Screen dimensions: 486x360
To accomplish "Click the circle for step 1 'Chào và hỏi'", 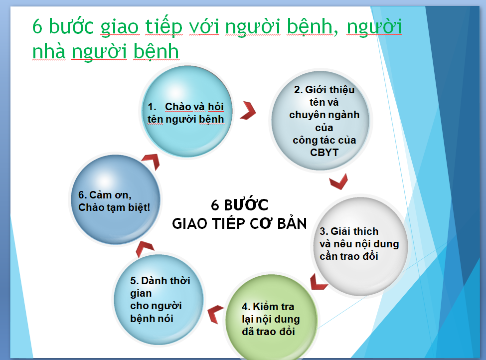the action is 187,111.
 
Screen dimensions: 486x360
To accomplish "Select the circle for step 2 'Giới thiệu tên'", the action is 321,120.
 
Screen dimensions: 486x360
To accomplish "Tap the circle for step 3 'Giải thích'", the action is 360,246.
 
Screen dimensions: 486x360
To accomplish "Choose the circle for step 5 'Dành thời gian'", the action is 159,299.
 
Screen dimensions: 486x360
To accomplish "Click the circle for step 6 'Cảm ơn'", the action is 115,199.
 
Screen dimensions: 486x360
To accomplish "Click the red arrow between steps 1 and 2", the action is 248,110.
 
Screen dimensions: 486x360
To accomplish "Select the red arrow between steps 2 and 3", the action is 338,181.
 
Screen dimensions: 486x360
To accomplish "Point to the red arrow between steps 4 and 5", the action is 215,314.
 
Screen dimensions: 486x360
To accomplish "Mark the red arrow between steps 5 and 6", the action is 144,249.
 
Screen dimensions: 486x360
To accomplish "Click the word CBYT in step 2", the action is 324,153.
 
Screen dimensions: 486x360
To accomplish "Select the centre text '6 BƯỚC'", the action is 240,204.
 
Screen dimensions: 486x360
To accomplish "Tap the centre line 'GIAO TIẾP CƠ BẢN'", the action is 239,223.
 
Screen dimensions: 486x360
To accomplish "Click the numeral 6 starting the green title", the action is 37,26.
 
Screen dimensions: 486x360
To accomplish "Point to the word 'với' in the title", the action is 204,26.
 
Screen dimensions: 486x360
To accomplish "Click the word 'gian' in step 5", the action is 141,293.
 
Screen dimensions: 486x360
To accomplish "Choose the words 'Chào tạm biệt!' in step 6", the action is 114,207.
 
